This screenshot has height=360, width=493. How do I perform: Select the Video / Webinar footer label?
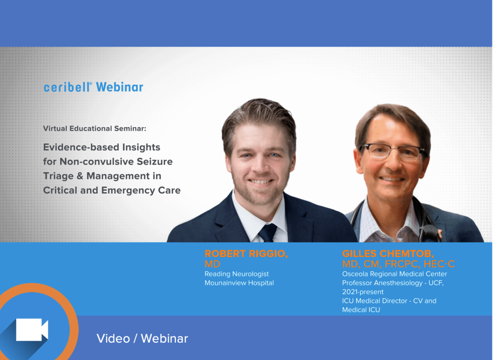click(x=142, y=338)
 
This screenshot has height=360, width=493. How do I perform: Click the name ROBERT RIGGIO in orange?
click(x=246, y=254)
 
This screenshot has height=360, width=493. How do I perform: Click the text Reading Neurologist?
click(x=236, y=274)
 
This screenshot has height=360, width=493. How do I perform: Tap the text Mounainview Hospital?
click(x=239, y=283)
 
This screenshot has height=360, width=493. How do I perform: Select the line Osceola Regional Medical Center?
click(x=394, y=274)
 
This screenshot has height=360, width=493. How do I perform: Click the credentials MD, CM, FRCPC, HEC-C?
click(x=398, y=264)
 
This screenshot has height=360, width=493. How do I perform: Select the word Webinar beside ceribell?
click(x=119, y=87)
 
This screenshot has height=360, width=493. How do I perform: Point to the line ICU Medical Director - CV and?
click(x=389, y=301)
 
